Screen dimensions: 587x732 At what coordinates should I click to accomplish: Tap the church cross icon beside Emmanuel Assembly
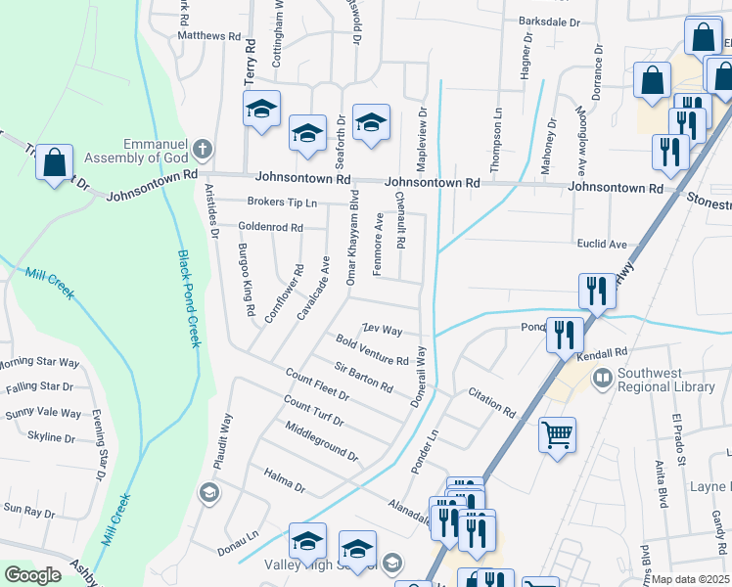pyautogui.click(x=202, y=149)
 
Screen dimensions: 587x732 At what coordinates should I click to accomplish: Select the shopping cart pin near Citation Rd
pyautogui.click(x=557, y=434)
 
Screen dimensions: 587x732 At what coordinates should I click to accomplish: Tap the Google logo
pyautogui.click(x=33, y=575)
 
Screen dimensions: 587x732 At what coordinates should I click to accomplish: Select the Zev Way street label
pyautogui.click(x=383, y=330)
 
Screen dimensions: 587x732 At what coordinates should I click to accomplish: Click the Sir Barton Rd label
pyautogui.click(x=362, y=376)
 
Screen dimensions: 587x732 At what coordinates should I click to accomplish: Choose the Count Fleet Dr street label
pyautogui.click(x=317, y=384)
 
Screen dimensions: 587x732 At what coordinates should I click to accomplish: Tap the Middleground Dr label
pyautogui.click(x=320, y=441)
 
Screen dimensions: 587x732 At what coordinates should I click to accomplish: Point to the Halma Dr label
pyautogui.click(x=285, y=479)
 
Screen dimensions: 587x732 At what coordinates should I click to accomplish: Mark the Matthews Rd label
pyautogui.click(x=208, y=35)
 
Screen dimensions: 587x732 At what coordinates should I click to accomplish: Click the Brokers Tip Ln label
pyautogui.click(x=282, y=203)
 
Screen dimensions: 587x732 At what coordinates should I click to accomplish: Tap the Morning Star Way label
pyautogui.click(x=39, y=363)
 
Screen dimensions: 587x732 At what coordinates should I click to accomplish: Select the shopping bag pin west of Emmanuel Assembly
pyautogui.click(x=55, y=163)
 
